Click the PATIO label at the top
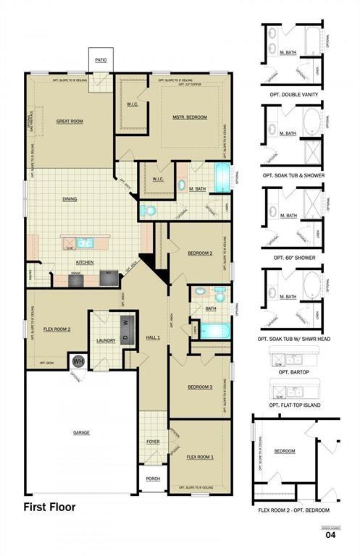click(101, 60)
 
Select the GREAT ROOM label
click(71, 122)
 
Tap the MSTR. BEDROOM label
click(190, 117)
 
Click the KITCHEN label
click(85, 262)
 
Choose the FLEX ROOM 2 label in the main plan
click(57, 329)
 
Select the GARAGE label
click(81, 432)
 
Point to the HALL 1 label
click(152, 339)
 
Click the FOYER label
click(153, 442)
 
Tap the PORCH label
click(153, 479)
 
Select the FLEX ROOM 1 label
click(200, 458)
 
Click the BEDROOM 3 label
click(200, 387)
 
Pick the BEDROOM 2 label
click(200, 253)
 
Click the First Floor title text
click(49, 507)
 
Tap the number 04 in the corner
click(330, 536)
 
